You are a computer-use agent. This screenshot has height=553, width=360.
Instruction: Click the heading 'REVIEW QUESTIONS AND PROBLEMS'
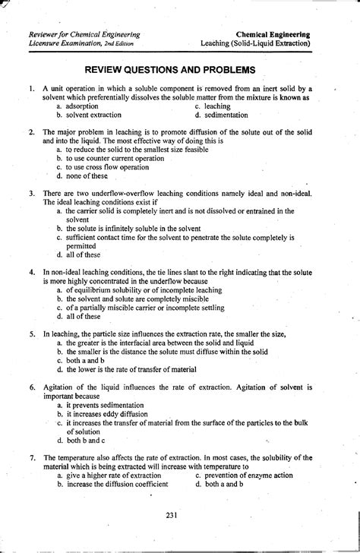pos(180,70)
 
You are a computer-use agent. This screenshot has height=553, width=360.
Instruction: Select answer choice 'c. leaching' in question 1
pos(212,106)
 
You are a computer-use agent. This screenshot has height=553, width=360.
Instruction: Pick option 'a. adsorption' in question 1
pos(81,106)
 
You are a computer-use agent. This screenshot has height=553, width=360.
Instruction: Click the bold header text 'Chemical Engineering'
pos(273,34)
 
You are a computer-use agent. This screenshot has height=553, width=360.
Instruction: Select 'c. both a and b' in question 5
pos(81,360)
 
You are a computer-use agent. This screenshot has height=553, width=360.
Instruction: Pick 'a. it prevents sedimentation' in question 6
pos(103,405)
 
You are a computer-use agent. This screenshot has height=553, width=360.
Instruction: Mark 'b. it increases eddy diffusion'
pos(105,414)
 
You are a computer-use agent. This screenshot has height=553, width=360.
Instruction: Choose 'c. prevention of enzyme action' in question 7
pos(243,475)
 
